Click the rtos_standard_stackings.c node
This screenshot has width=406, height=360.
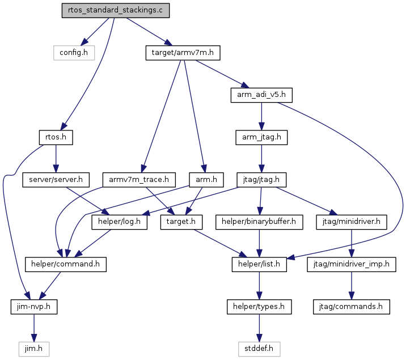pyautogui.click(x=116, y=10)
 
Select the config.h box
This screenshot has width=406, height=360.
pyautogui.click(x=74, y=53)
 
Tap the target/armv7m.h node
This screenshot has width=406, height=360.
pyautogui.click(x=183, y=53)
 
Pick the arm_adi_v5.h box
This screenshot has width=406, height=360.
pyautogui.click(x=261, y=95)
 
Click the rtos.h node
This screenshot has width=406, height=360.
pyautogui.click(x=56, y=137)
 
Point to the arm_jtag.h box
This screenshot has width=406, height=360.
pyautogui.click(x=261, y=137)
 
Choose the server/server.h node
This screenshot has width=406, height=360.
pyautogui.click(x=56, y=180)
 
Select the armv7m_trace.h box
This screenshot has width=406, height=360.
pyautogui.click(x=139, y=180)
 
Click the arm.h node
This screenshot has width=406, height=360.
pyautogui.click(x=206, y=180)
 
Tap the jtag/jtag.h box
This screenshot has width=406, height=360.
pyautogui.click(x=261, y=180)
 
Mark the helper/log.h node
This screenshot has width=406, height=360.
pyautogui.click(x=120, y=222)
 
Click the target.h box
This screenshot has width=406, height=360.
pyautogui.click(x=181, y=222)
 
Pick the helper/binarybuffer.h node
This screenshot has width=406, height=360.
pyautogui.click(x=259, y=222)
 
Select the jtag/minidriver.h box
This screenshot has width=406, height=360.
pyautogui.click(x=352, y=222)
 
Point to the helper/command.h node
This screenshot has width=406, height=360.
pyautogui.click(x=66, y=264)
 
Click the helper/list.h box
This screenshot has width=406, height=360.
pyautogui.click(x=259, y=264)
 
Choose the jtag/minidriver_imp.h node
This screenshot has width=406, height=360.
pyautogui.click(x=352, y=264)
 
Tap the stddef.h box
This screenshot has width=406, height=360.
pyautogui.click(x=259, y=349)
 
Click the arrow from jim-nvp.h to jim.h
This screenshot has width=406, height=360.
pyautogui.click(x=34, y=328)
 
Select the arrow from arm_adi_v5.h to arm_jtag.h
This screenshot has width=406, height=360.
pyautogui.click(x=261, y=116)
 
